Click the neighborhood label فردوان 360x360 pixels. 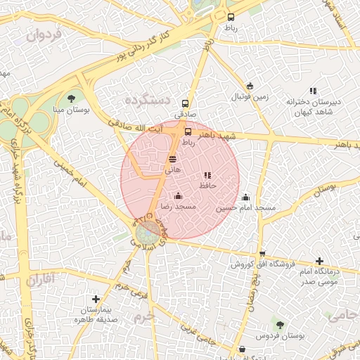coord(44,34)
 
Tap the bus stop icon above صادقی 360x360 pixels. coord(186,103)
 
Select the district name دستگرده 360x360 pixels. coord(148,100)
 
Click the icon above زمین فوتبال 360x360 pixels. coord(250,86)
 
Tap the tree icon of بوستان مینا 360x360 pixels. coord(71,98)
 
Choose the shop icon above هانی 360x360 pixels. coord(173,160)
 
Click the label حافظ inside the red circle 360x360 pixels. coord(207,186)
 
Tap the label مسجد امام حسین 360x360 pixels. coord(246,208)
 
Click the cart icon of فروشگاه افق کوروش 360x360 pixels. coord(262,254)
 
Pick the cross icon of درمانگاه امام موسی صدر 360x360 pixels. coord(320,261)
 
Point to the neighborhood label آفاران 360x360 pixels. coord(41,280)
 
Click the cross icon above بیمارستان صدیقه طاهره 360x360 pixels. coord(96,299)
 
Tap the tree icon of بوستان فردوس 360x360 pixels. coord(280,325)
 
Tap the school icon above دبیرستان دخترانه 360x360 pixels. coord(313,91)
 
